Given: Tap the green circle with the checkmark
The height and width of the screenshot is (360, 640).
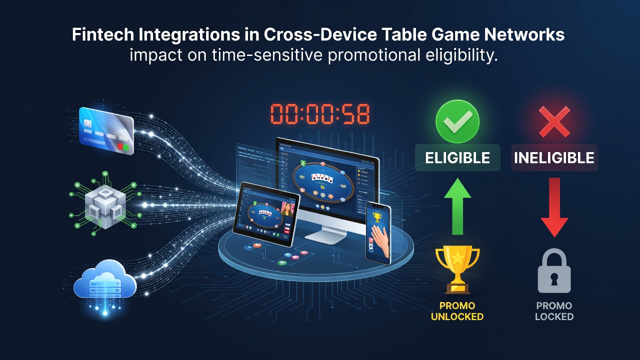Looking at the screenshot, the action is click(457, 121).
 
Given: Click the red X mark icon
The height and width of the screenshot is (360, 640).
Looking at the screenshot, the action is click(554, 121).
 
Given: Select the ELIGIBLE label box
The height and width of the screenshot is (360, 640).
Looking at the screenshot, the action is click(457, 157).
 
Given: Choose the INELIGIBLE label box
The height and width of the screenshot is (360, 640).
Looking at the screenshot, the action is click(554, 157).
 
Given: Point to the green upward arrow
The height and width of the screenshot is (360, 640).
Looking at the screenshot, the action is click(457, 206).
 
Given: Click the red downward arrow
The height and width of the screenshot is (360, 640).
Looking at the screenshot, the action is click(554, 207).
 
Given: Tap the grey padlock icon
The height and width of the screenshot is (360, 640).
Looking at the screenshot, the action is click(554, 270).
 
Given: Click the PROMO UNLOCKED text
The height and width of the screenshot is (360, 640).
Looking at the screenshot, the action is click(457, 311).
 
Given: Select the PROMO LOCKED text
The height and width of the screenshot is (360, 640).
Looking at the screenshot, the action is click(554, 311).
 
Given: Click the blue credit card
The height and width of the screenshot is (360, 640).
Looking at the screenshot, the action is click(106, 131).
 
